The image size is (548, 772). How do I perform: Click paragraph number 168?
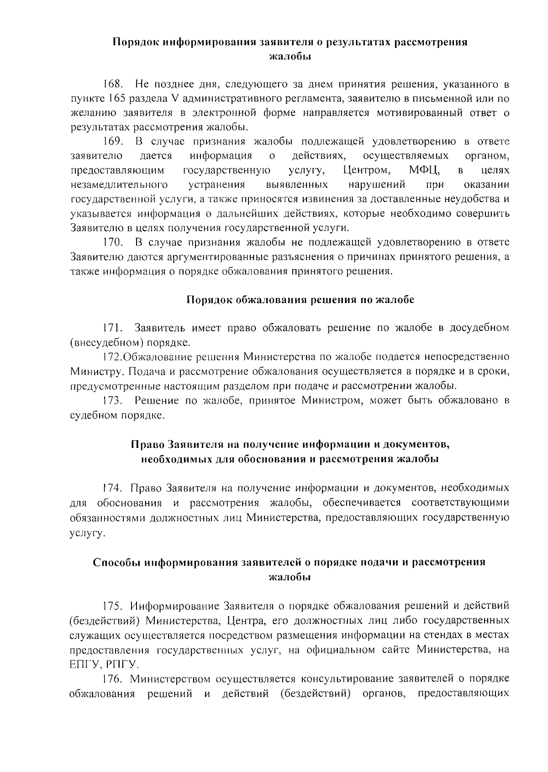[112, 85]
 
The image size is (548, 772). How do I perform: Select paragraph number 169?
[112, 142]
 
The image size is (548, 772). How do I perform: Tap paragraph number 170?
[112, 242]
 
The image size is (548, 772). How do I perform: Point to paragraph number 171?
[112, 328]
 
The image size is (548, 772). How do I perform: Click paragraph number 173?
[112, 401]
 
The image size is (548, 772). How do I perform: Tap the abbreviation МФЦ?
[424, 170]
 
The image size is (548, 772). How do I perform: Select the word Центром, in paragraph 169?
[366, 170]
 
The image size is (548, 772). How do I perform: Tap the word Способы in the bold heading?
[117, 562]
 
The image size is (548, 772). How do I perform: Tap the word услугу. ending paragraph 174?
[87, 532]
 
